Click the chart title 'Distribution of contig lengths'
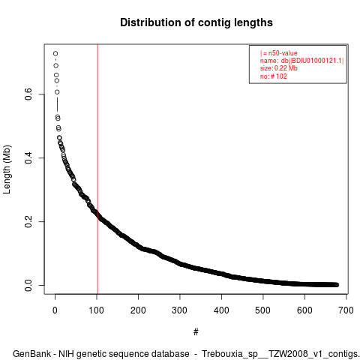(196, 22)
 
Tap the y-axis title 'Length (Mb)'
(7, 169)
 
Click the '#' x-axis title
(196, 332)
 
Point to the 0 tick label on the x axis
(55, 310)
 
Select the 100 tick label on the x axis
(97, 310)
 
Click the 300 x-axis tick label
(179, 310)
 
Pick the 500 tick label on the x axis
(262, 310)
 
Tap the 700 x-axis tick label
(346, 310)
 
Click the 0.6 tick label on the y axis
(28, 94)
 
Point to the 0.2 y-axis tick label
(28, 221)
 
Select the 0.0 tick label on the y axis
(28, 285)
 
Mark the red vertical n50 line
(97, 169)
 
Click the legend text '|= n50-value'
(279, 53)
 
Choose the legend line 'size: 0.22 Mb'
(279, 68)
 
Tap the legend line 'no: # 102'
(274, 76)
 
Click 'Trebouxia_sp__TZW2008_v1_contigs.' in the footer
(280, 354)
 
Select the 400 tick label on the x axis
(221, 310)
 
